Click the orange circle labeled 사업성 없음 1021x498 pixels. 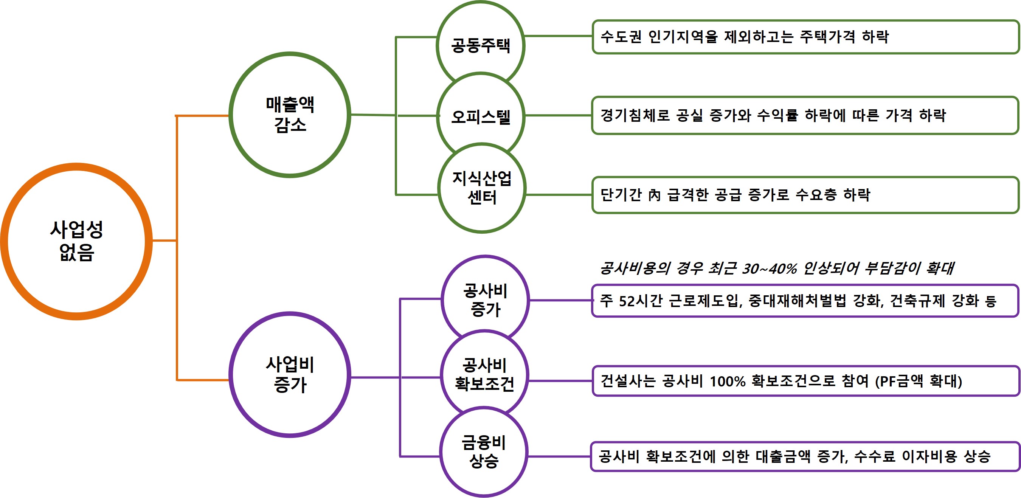(x=76, y=241)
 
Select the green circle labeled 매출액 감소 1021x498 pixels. (x=290, y=115)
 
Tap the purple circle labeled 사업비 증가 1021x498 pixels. (x=290, y=375)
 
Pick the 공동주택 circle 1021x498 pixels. (x=480, y=44)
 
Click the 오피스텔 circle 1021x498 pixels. (x=480, y=116)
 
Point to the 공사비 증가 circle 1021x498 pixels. (x=485, y=299)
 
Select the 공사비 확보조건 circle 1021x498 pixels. (x=484, y=374)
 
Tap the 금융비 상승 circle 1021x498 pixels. (x=484, y=451)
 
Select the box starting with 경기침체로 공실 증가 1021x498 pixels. (x=805, y=115)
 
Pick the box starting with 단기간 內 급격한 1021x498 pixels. (x=805, y=195)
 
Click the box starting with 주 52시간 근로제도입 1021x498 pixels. (x=805, y=301)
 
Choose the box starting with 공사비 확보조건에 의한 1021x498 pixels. (x=805, y=457)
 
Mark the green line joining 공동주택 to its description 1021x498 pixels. (x=558, y=36)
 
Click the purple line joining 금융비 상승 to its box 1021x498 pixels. (x=559, y=457)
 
